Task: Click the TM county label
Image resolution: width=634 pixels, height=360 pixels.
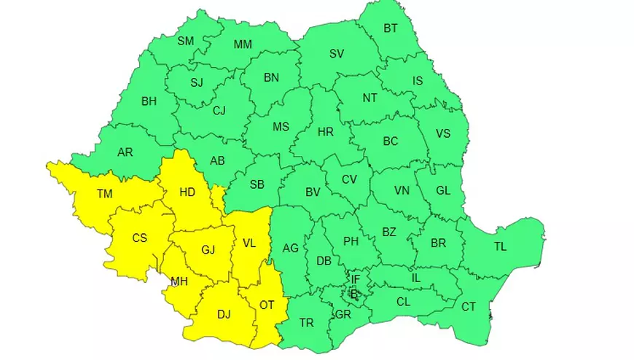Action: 104,194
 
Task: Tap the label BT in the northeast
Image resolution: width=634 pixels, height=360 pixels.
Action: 391,28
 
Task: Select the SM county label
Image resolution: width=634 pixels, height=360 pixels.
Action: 186,41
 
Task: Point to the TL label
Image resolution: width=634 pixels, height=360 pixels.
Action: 500,246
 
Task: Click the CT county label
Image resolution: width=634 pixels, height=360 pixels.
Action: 469,307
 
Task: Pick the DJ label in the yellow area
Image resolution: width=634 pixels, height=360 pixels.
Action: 224,315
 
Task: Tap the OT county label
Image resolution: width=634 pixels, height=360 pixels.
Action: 267,305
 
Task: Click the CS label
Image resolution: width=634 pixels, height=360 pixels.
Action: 139,238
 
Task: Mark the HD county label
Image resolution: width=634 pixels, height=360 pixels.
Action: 187,192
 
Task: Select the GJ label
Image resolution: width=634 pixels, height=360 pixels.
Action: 208,250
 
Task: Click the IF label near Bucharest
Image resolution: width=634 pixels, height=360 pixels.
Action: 355,279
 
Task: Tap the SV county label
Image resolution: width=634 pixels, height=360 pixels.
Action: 336,53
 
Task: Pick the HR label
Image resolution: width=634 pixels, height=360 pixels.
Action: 325,132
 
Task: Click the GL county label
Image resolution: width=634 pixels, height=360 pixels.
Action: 442,189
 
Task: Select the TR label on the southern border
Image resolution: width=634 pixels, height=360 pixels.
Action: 307,322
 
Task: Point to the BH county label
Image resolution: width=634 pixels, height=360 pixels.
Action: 149,101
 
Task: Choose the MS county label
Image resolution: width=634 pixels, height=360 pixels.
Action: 281,126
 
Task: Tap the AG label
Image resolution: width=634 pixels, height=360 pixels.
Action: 291,249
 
